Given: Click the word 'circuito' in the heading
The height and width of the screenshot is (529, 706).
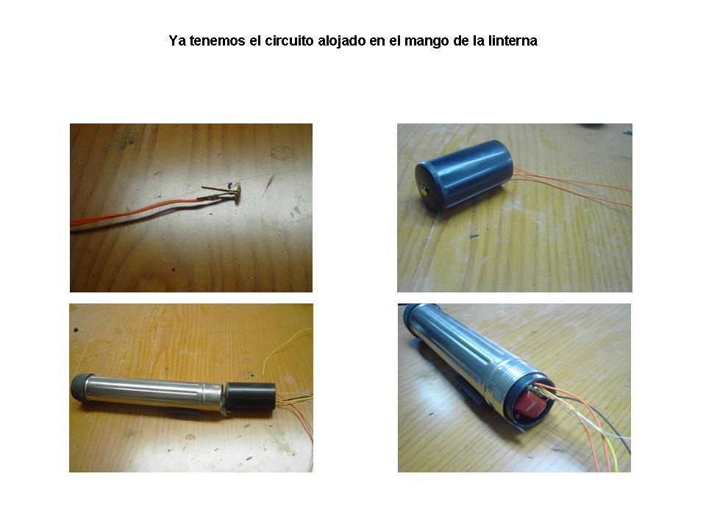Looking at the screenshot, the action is (288, 41).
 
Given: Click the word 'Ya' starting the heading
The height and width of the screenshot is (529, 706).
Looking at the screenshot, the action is (177, 41).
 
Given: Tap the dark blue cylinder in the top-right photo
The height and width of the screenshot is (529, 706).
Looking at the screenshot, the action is (464, 175).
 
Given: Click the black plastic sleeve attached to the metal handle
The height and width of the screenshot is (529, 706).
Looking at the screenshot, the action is (250, 396).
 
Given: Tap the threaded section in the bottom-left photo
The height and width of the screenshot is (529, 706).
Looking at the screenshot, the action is (213, 396).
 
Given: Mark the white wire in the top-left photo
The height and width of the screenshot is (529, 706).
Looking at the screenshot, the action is (149, 216).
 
